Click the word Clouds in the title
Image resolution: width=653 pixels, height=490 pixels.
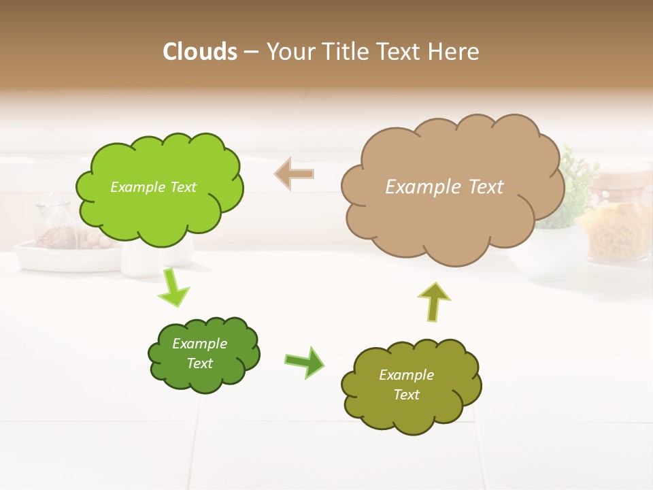(199, 51)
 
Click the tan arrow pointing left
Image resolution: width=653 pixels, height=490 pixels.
(295, 174)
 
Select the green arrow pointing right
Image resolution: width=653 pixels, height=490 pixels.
(305, 361)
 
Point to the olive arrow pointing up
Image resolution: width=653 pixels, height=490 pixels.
(434, 301)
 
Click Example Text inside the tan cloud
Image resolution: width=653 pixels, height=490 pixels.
(444, 187)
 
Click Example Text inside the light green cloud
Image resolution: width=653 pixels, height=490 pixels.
(153, 187)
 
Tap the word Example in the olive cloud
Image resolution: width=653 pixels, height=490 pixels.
(406, 375)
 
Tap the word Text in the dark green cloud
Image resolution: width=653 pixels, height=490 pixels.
(200, 363)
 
